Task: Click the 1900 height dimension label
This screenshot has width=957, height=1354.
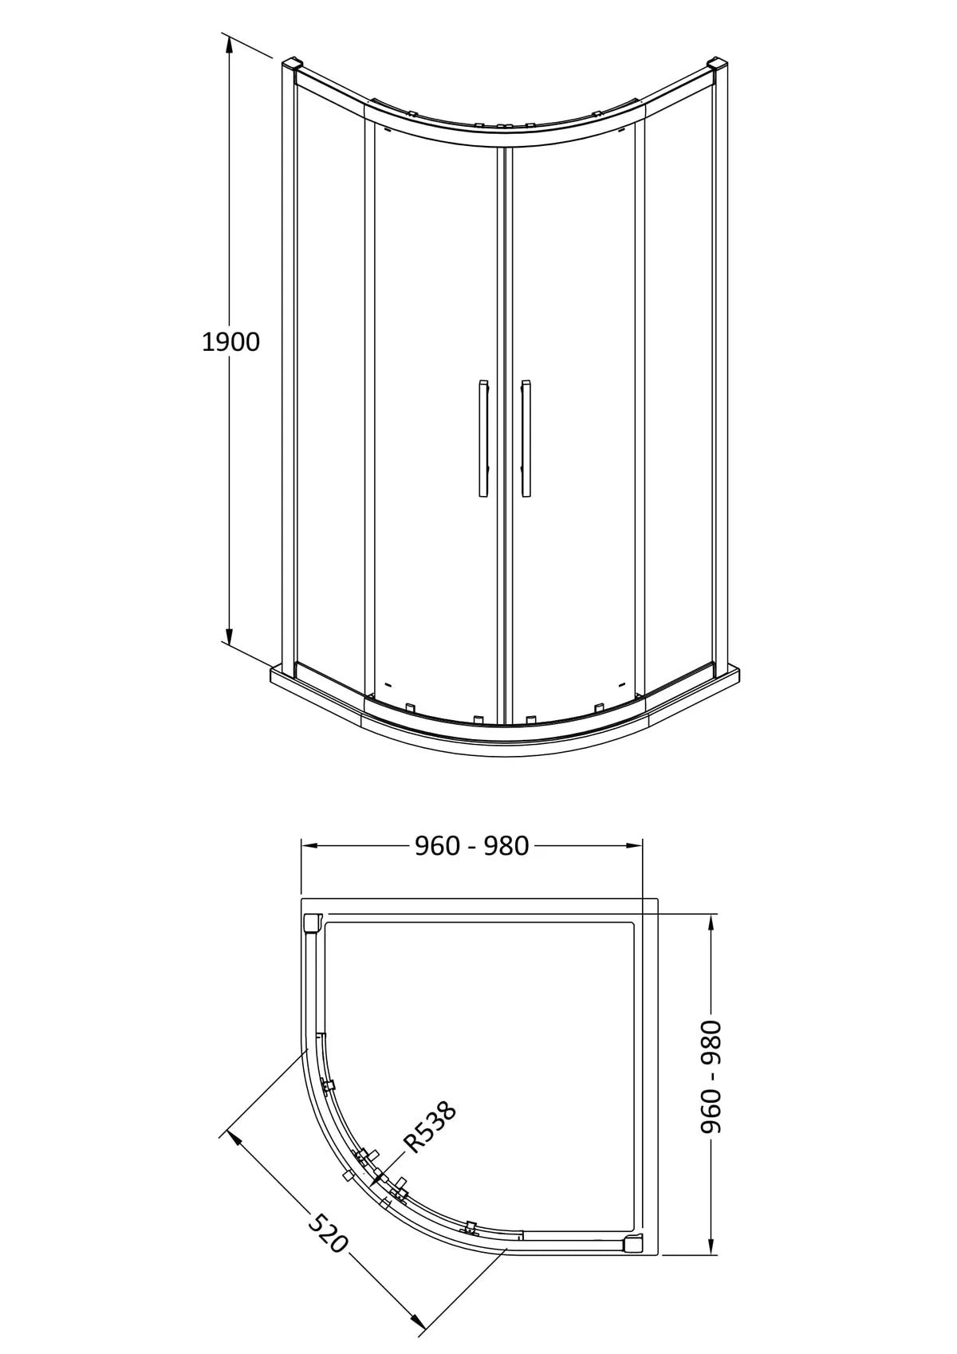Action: click(230, 342)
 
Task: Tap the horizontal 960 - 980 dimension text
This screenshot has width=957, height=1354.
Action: click(471, 846)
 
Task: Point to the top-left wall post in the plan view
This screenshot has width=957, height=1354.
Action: click(312, 922)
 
